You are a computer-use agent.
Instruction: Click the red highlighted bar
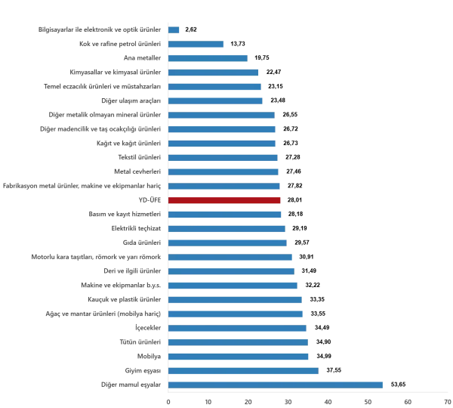pos(225,201)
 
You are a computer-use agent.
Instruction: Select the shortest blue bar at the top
pos(174,29)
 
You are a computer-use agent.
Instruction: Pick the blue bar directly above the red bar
pos(225,187)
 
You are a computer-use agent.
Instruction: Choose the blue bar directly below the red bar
pos(225,215)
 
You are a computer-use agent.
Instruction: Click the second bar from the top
pos(198,43)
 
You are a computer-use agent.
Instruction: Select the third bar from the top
pos(208,59)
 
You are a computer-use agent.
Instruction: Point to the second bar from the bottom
pos(244,369)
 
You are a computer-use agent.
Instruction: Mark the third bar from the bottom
pos(240,356)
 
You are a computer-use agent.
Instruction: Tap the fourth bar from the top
pos(214,73)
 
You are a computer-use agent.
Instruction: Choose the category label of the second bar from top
pos(121,43)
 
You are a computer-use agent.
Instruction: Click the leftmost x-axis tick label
pos(168,400)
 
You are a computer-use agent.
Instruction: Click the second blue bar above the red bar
pos(225,171)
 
